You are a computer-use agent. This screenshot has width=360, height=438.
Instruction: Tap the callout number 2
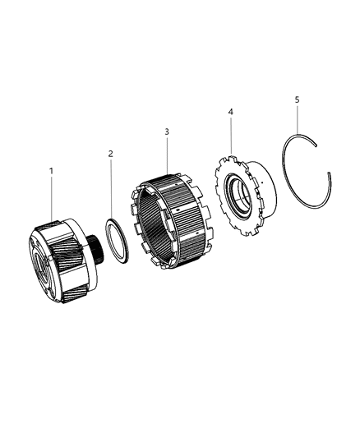tap(112, 153)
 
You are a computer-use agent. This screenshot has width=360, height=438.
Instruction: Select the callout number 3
tap(167, 131)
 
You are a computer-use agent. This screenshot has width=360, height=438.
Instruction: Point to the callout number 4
tap(231, 111)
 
